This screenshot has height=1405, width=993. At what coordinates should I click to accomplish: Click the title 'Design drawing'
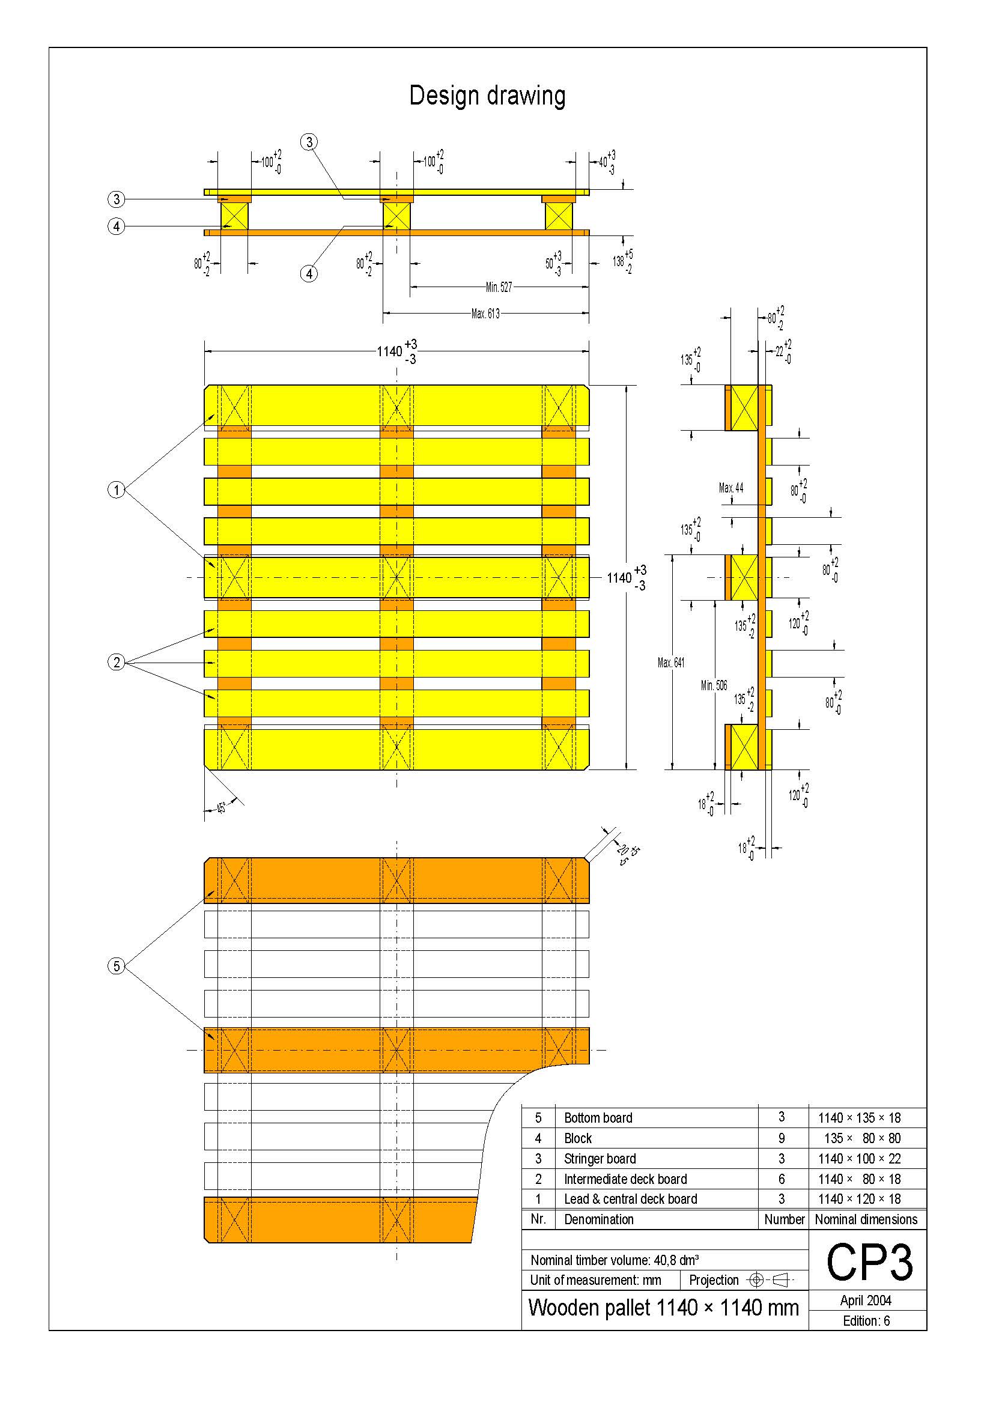point(487,96)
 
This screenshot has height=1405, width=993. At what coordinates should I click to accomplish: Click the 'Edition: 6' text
point(866,1320)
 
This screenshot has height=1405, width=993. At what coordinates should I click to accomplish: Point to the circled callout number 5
point(117,967)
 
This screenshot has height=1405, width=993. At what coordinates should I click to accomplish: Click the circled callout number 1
point(117,490)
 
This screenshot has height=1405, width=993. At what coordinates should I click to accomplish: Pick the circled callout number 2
point(117,662)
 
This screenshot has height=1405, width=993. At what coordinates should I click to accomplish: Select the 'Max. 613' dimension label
point(485,314)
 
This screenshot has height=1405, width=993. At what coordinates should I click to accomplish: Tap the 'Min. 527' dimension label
point(499,287)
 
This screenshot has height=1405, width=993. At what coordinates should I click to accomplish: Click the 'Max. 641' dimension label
point(670,663)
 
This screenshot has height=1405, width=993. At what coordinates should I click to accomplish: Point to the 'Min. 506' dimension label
point(714,685)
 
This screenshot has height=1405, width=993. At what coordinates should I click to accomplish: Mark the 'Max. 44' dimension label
point(731,488)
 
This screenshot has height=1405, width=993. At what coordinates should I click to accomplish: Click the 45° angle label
point(222,807)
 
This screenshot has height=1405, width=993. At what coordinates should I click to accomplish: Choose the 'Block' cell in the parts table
point(577,1138)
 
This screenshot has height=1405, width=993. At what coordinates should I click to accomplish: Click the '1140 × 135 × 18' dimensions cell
point(859,1118)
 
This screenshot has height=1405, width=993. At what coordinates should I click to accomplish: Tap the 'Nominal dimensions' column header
point(866,1219)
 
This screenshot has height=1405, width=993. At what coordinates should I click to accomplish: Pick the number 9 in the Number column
point(782,1138)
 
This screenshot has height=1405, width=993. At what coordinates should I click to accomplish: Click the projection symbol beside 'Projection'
point(770,1279)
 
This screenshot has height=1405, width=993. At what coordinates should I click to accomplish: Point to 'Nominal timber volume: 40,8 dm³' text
point(615,1260)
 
